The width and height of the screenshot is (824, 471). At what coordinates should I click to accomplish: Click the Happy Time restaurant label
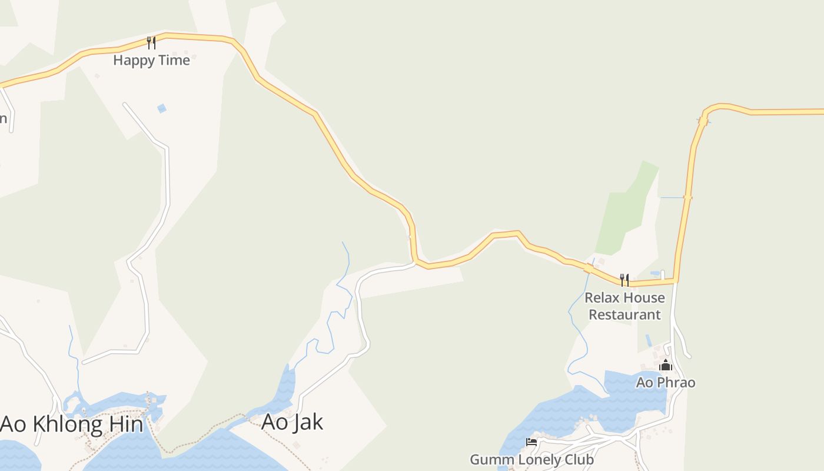pyautogui.click(x=151, y=60)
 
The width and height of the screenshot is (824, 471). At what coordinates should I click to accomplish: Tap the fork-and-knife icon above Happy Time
pyautogui.click(x=151, y=42)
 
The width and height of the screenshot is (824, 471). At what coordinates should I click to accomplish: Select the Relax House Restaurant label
pyautogui.click(x=624, y=306)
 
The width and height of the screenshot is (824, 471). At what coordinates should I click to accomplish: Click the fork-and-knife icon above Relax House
pyautogui.click(x=624, y=280)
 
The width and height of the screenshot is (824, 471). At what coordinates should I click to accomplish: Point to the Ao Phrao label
pyautogui.click(x=666, y=383)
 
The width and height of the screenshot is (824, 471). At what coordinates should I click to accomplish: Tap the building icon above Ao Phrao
pyautogui.click(x=666, y=366)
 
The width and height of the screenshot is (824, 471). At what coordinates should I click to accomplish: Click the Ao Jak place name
pyautogui.click(x=292, y=422)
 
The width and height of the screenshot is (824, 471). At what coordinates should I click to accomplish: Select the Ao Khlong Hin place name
pyautogui.click(x=71, y=424)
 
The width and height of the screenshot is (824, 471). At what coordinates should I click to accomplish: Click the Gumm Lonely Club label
pyautogui.click(x=531, y=459)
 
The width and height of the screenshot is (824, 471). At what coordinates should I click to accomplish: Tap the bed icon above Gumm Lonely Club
pyautogui.click(x=531, y=442)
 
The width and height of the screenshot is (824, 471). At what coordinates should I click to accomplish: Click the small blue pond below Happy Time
pyautogui.click(x=161, y=108)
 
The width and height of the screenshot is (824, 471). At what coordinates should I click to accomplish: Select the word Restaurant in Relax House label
pyautogui.click(x=624, y=314)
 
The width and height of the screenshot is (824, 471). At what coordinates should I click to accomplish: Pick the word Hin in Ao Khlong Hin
pyautogui.click(x=127, y=424)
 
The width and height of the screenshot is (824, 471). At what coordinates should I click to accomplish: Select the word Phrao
pyautogui.click(x=676, y=383)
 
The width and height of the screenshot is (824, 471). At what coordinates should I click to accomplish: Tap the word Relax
pyautogui.click(x=602, y=298)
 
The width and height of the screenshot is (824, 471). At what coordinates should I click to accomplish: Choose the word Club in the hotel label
pyautogui.click(x=577, y=459)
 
